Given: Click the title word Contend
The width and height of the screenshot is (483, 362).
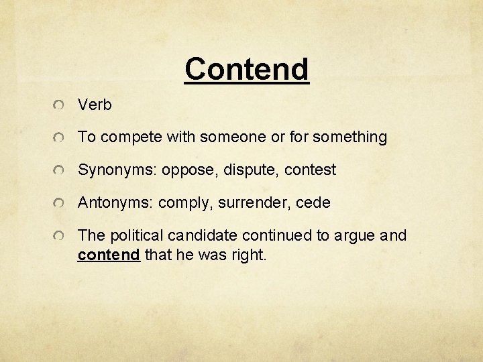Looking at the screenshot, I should click(x=246, y=68).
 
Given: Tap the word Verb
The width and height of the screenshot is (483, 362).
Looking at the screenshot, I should click(x=95, y=105).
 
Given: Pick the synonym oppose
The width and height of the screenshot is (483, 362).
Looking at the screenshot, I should click(x=180, y=170).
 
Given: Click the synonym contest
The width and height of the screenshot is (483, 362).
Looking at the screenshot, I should click(x=310, y=170).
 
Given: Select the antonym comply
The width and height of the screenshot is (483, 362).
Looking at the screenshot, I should click(x=181, y=203).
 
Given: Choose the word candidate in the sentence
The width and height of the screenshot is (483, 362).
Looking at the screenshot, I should click(x=204, y=235).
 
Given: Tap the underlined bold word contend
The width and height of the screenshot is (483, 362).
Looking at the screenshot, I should click(x=109, y=255).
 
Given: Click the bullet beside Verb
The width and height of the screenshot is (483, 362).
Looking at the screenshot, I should click(x=60, y=105).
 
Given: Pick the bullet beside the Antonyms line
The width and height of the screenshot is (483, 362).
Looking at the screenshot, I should click(x=60, y=203).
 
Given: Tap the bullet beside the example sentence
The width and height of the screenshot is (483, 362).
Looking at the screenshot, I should click(x=60, y=236).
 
